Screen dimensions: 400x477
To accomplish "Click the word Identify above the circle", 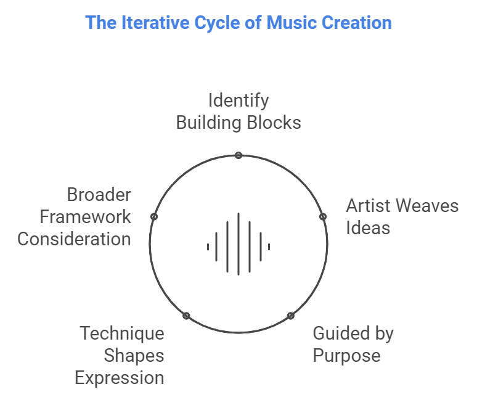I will [x=238, y=100].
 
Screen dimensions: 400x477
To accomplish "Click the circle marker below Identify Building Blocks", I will [x=238, y=155].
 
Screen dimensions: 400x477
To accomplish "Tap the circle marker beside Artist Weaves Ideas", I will [x=322, y=217].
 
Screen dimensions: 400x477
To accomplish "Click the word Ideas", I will [x=368, y=227].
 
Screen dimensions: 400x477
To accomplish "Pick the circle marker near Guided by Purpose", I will [x=290, y=316].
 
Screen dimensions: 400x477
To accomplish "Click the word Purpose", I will [x=346, y=356].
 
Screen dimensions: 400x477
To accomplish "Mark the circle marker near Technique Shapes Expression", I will [x=186, y=316].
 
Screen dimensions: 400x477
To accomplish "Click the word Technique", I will [x=122, y=333].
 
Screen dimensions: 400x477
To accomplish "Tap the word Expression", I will [x=120, y=377].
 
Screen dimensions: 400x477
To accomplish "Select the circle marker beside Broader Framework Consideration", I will [x=154, y=217].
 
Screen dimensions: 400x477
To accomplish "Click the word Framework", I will [x=86, y=217].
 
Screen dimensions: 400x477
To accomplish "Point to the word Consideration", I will [x=74, y=239].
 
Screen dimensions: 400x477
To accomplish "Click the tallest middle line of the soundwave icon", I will [x=238, y=243].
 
